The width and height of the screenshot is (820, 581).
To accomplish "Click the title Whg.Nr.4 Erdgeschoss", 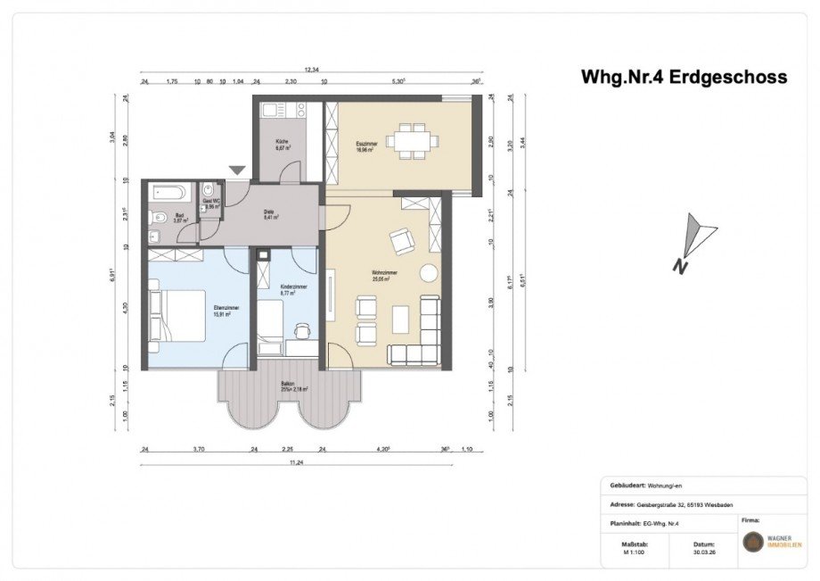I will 684,77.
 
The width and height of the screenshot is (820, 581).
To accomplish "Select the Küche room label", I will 282,145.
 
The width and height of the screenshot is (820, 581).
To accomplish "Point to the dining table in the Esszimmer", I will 411,140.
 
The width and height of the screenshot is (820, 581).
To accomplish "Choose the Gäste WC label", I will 210,203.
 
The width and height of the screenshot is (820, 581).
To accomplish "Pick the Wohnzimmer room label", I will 384,275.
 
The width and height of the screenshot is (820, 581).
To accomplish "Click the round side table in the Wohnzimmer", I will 429,272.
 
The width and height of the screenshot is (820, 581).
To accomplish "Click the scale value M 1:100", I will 634,552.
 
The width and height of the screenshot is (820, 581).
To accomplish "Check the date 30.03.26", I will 703,552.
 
